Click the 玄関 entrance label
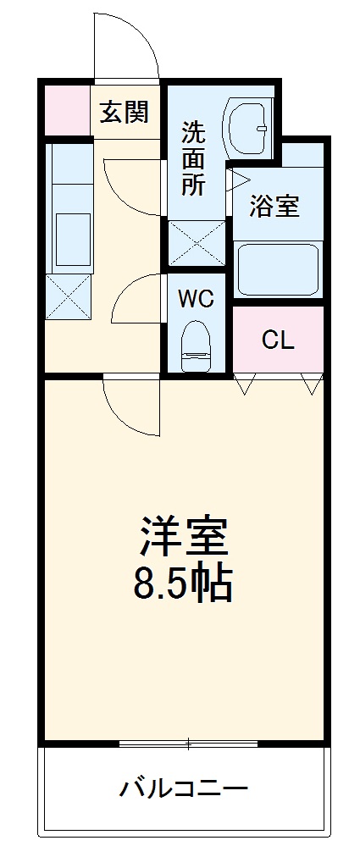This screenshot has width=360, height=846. (125, 112)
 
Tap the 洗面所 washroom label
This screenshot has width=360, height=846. (194, 158)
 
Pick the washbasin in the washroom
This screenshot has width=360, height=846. (247, 128)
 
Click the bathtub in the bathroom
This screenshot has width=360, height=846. (277, 268)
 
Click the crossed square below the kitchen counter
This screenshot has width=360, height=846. (68, 295)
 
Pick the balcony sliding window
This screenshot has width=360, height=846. (188, 744)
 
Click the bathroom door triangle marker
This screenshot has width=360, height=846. (235, 180)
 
